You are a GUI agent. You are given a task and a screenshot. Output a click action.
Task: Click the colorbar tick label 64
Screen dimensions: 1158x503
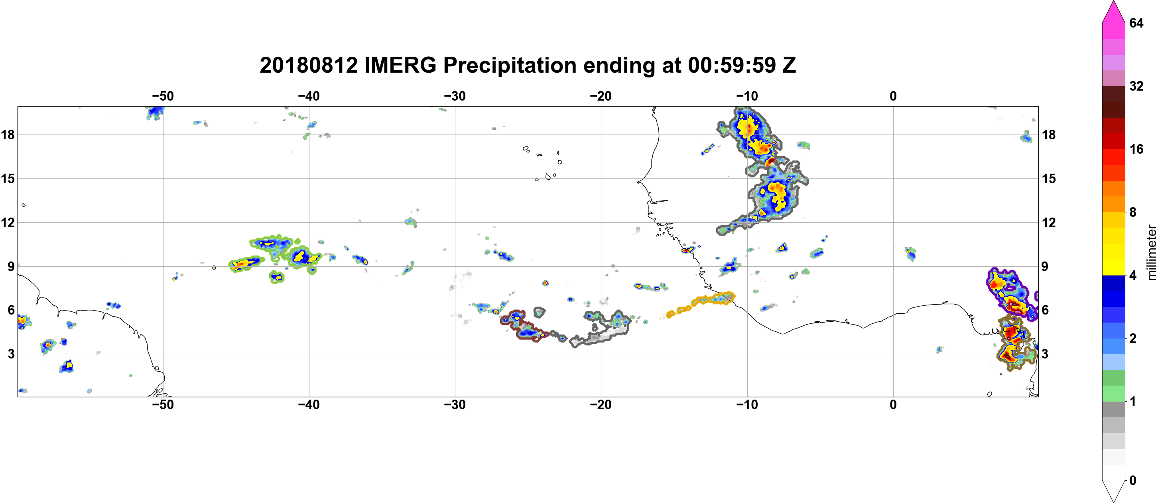coord(1136,23)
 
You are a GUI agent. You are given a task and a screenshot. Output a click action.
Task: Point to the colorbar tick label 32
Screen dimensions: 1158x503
coord(1136,86)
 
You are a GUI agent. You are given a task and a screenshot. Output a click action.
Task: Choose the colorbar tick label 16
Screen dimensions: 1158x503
coord(1136,149)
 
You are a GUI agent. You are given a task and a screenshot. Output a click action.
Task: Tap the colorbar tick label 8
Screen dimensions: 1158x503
coord(1133,212)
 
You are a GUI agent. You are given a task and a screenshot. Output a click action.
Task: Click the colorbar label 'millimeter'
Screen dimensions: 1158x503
coord(1151,252)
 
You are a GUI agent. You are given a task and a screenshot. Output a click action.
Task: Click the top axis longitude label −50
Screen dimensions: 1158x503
coord(163,96)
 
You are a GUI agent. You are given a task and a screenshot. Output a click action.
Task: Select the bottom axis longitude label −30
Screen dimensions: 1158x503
coord(455,405)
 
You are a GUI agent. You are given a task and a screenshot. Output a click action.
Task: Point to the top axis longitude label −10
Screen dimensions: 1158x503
coord(747,96)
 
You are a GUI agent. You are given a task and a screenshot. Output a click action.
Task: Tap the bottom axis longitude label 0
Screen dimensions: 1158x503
coord(893,405)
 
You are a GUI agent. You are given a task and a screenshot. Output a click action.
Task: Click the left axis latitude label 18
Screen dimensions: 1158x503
coord(8,135)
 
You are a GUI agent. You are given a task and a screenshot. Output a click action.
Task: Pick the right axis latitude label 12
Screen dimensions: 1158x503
coord(1049,222)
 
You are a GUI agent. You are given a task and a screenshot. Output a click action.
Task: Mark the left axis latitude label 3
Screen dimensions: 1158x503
coord(11,354)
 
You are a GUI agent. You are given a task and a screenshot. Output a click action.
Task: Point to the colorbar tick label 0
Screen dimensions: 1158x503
coord(1133,481)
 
